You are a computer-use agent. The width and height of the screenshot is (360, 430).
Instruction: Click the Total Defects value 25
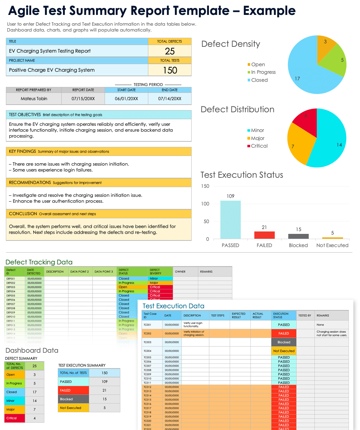click(170, 51)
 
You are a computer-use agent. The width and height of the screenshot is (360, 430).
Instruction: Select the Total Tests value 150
click(170, 70)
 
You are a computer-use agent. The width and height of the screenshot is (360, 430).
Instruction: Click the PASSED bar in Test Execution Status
click(230, 220)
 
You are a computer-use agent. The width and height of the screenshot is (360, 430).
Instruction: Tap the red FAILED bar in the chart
click(264, 235)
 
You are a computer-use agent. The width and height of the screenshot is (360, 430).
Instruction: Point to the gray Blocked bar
click(298, 236)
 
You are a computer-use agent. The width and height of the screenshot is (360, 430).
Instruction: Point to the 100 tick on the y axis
click(205, 204)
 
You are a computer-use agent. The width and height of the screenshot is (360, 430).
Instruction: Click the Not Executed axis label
click(332, 245)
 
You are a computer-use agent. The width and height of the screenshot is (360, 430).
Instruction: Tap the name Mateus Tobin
click(34, 99)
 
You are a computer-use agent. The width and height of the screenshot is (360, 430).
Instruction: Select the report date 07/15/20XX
click(83, 99)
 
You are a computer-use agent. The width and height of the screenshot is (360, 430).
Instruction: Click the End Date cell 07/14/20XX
click(170, 99)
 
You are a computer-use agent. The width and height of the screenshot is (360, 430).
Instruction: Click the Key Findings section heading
click(23, 151)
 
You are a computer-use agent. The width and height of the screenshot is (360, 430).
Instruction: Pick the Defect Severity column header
click(155, 272)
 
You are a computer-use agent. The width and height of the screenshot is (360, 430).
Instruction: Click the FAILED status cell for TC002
click(284, 333)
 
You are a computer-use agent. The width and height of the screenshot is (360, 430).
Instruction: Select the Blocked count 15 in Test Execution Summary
click(105, 399)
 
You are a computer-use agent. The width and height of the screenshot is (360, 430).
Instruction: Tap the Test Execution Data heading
click(173, 306)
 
